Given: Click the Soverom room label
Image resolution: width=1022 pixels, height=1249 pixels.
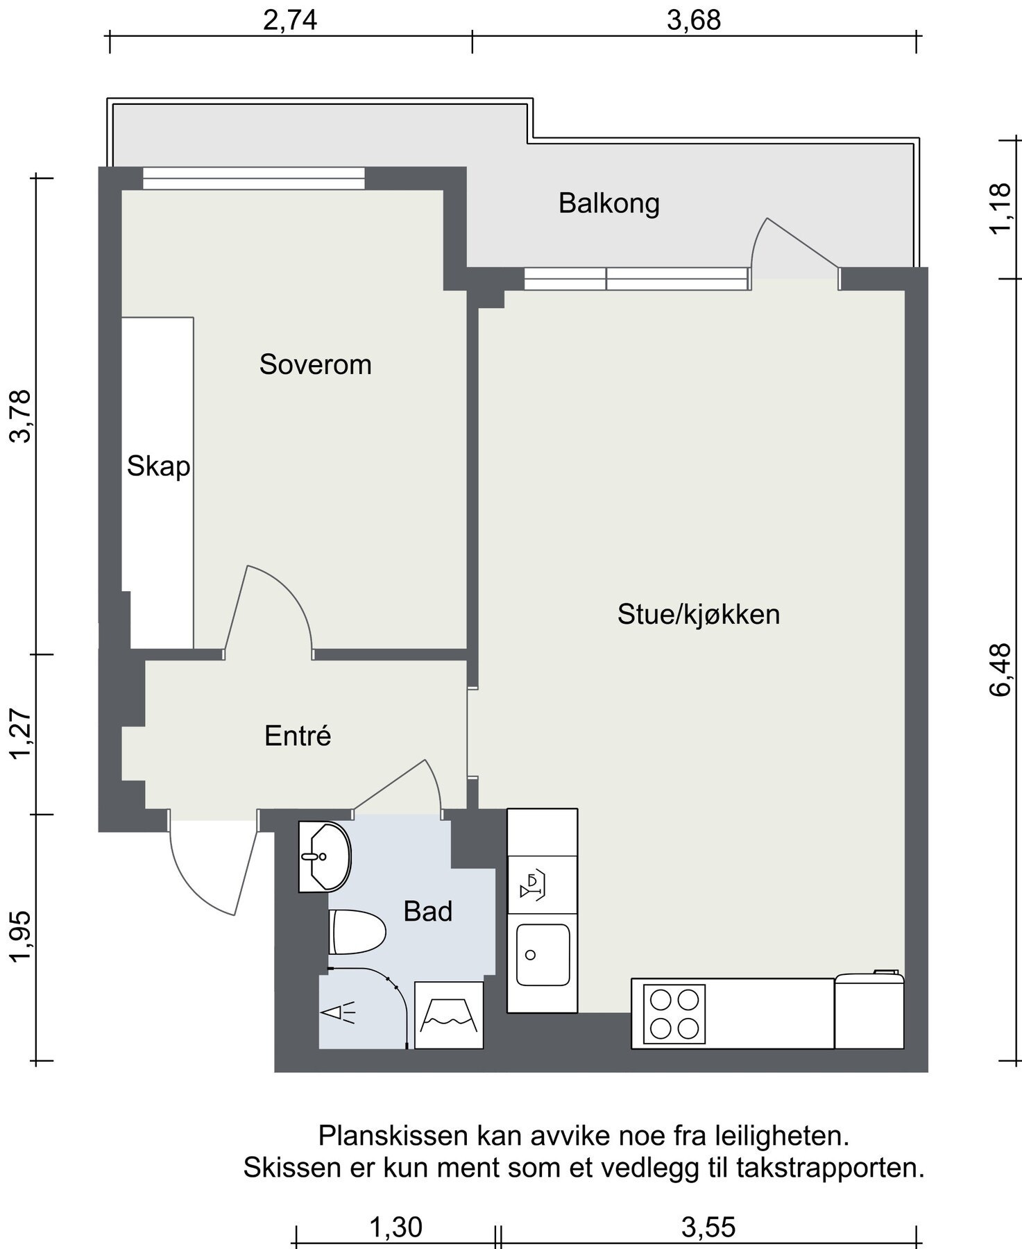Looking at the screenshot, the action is [316, 364].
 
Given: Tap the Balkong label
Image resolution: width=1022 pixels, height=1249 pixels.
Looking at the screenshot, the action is [609, 203].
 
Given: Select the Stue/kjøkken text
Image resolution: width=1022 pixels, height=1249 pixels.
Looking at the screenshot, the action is [699, 614].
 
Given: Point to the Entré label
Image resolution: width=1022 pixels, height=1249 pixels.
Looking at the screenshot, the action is [298, 736].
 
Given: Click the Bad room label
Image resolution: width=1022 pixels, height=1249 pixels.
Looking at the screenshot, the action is [428, 911].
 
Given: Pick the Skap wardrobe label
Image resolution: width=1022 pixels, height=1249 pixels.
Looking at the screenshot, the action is [158, 466].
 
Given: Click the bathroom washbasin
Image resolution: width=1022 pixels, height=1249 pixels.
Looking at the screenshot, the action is [325, 857].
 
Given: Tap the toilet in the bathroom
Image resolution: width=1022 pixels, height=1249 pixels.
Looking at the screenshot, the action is [357, 932].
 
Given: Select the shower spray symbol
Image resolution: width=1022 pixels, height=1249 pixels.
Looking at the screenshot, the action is [338, 1012].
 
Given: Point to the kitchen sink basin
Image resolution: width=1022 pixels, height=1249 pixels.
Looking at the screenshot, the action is [543, 955].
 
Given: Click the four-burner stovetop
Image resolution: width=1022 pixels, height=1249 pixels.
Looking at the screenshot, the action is [674, 1014].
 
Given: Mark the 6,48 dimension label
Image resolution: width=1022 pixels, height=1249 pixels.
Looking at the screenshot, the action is [1001, 669].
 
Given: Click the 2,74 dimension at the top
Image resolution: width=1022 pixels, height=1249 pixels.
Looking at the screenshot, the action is [290, 20].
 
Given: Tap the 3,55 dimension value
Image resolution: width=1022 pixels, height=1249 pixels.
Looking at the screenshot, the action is [708, 1227].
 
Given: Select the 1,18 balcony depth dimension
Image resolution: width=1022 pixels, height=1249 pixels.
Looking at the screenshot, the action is [1001, 209].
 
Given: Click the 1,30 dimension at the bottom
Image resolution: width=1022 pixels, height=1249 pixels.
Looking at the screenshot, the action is [395, 1227].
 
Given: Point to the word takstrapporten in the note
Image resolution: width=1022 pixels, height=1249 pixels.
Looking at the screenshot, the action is [831, 1168].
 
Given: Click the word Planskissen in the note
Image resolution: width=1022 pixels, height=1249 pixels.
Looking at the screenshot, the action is [393, 1137].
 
